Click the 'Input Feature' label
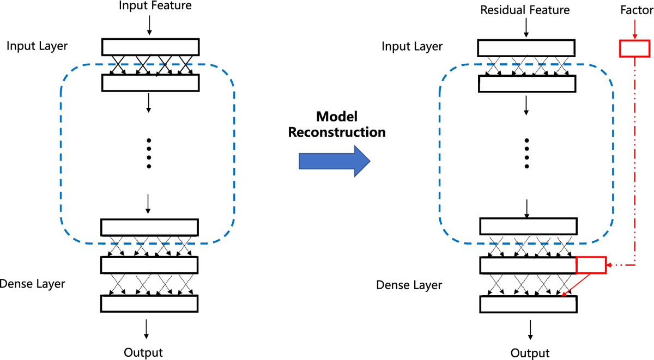click(x=155, y=5)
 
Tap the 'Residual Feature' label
click(x=525, y=10)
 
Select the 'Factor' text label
click(x=637, y=10)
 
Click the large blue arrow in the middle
click(x=335, y=161)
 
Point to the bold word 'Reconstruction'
click(x=337, y=132)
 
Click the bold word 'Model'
click(x=337, y=117)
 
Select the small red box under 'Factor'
click(x=635, y=48)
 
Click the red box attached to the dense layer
click(x=591, y=265)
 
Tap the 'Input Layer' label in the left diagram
click(x=37, y=46)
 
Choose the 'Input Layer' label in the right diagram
click(x=412, y=47)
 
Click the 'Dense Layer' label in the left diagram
click(x=32, y=284)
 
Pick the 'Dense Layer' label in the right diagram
click(x=409, y=285)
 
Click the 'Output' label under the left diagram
click(x=143, y=353)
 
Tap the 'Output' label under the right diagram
click(x=530, y=353)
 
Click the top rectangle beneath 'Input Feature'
click(x=150, y=47)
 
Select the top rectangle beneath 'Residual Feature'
click(x=526, y=48)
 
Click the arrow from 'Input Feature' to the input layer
click(x=149, y=26)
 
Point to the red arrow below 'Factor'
click(x=635, y=29)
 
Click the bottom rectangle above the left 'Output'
click(x=149, y=304)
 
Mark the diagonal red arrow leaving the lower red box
click(x=576, y=285)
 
